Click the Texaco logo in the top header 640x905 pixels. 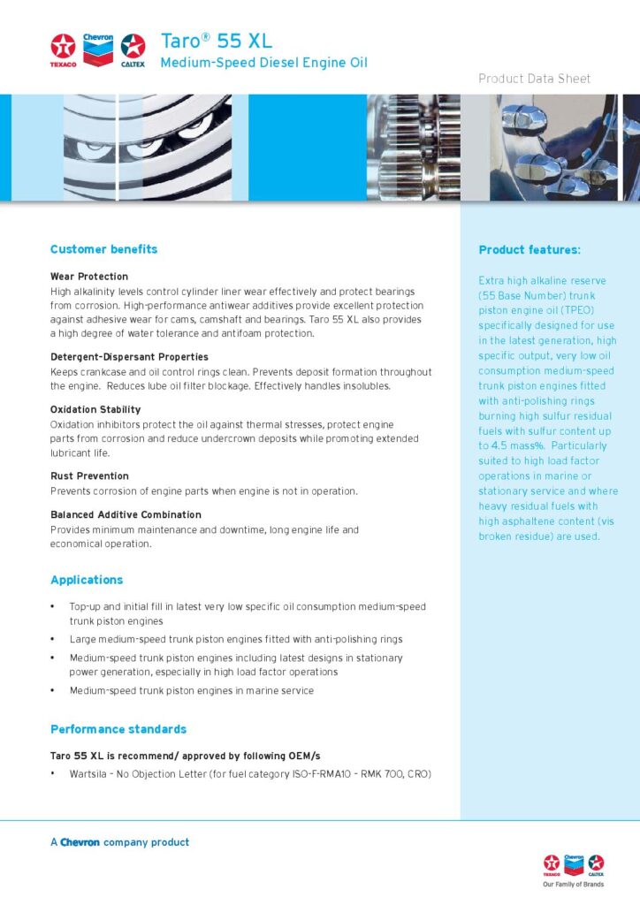click(x=63, y=49)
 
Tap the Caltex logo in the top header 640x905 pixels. click(x=133, y=49)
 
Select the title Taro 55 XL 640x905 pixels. click(x=217, y=41)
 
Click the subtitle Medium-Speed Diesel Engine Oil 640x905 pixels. click(x=263, y=63)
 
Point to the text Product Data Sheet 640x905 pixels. click(x=534, y=79)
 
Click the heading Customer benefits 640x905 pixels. click(x=103, y=249)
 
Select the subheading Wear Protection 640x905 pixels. click(x=89, y=277)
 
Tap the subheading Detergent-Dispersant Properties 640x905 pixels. click(x=129, y=357)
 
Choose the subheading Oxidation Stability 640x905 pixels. click(x=95, y=410)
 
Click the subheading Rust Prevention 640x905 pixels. click(x=89, y=476)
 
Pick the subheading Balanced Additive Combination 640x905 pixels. click(x=126, y=514)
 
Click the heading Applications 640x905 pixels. click(x=87, y=580)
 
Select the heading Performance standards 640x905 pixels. click(x=118, y=729)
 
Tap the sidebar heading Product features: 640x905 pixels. click(x=530, y=250)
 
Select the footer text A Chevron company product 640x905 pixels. click(x=119, y=842)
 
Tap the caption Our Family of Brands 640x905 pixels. click(x=573, y=884)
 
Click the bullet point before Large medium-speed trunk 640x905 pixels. click(x=53, y=639)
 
